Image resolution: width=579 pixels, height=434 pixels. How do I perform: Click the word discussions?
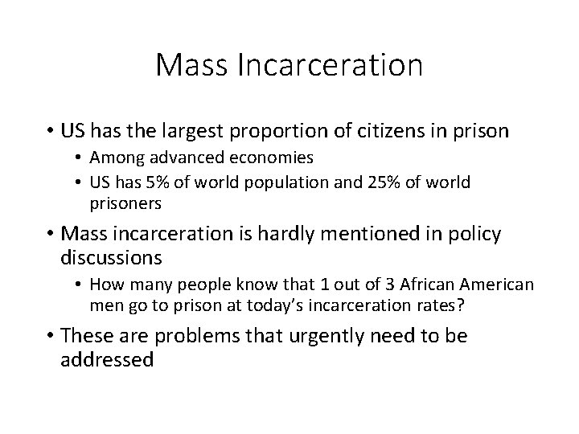pos(111,258)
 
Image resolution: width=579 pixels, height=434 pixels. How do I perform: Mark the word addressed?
pos(106,359)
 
